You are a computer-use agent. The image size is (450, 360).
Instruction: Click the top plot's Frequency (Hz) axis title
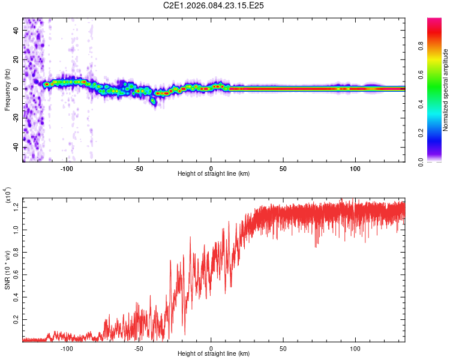click(7, 90)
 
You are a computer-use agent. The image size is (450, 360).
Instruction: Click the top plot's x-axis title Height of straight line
click(214, 174)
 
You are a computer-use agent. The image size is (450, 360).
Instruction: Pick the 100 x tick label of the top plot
click(355, 167)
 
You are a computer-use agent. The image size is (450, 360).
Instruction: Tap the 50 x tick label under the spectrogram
click(283, 167)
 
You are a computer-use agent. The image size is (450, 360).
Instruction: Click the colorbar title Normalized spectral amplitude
click(446, 90)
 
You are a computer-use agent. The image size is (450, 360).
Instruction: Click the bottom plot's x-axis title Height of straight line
click(214, 354)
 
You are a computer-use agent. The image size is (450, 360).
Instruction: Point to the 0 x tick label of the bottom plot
click(211, 348)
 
